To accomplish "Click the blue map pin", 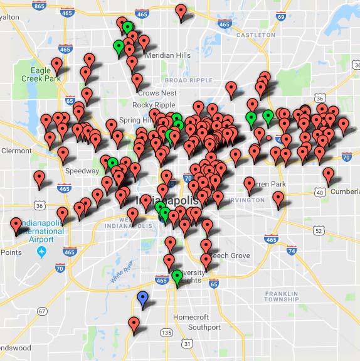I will click(143, 299).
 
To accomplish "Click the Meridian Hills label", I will click(167, 55).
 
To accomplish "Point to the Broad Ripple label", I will click(188, 80).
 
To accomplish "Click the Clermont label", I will click(16, 151).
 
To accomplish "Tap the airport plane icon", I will click(42, 252).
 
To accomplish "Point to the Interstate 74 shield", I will click(291, 251).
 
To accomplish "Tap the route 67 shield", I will click(42, 311).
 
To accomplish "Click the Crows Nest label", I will click(153, 93).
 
